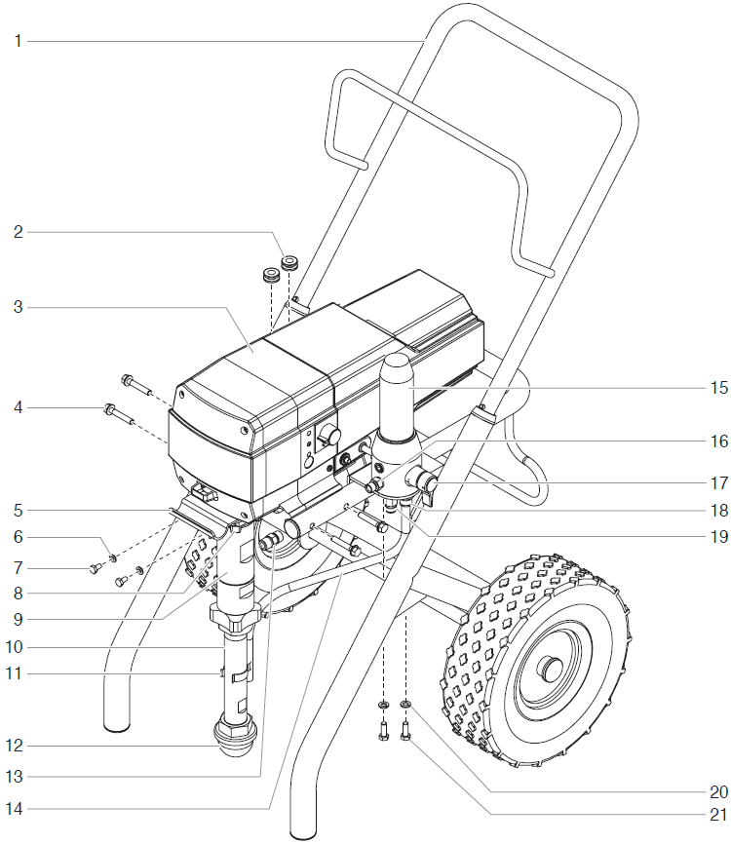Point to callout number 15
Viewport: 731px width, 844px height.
pos(718,387)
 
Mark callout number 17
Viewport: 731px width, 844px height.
pos(718,481)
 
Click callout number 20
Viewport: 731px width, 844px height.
pos(718,792)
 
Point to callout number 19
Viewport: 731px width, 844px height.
pos(718,535)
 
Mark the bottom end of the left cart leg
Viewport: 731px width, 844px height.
pos(118,721)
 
